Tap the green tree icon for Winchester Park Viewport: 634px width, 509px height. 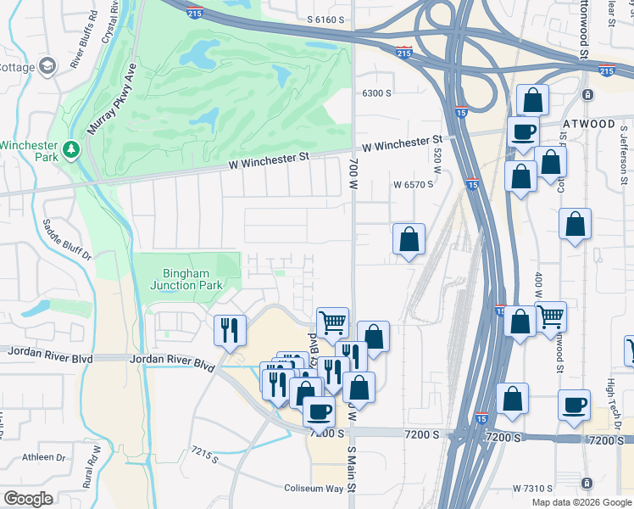click(x=71, y=150)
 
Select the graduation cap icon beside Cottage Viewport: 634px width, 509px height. click(x=48, y=65)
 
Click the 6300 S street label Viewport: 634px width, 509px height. click(x=376, y=93)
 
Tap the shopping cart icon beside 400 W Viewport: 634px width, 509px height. click(x=551, y=317)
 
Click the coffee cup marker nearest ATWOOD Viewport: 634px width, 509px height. click(x=523, y=131)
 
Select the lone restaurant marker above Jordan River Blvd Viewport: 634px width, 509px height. click(x=229, y=329)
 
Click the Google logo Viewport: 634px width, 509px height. click(x=28, y=499)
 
